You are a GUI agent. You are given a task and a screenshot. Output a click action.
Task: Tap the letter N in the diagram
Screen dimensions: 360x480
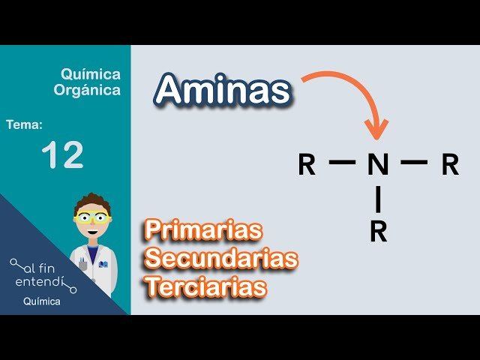[378, 164]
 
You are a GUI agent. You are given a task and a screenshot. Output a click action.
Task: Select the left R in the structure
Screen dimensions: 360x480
[307, 164]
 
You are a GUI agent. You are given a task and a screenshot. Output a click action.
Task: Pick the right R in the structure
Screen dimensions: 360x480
[449, 164]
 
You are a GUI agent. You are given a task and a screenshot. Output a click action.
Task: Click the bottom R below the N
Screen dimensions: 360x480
[378, 232]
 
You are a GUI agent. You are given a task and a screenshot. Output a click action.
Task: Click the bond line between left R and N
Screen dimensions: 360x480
[342, 162]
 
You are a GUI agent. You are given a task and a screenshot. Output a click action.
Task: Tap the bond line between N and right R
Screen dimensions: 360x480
[413, 162]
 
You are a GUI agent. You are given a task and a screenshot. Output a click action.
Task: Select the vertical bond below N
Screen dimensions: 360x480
[378, 199]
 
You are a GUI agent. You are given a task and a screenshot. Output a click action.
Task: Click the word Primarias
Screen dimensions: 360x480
[203, 229]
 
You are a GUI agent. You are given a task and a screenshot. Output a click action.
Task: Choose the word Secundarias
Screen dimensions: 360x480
[222, 259]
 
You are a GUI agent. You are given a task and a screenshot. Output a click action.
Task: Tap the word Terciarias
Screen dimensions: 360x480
[206, 286]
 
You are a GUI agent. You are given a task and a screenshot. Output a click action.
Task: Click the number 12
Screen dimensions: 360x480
[62, 156]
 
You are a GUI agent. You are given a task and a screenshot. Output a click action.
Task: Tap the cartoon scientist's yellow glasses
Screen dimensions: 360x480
[93, 217]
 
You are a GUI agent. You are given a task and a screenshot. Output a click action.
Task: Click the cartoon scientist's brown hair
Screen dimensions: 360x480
[92, 201]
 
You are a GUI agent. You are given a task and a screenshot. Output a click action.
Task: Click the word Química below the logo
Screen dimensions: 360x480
[42, 302]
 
